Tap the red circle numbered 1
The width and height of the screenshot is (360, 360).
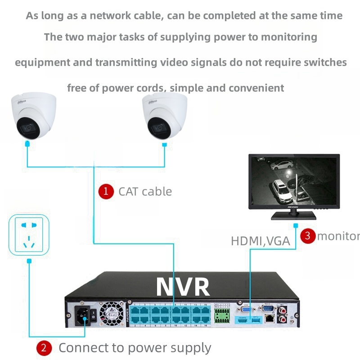[x=106, y=191]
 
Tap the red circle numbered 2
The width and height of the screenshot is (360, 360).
[x=44, y=348]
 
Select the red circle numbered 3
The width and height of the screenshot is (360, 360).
[x=308, y=235]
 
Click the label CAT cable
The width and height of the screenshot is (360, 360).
[x=145, y=191]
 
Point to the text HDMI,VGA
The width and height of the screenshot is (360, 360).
[x=260, y=241]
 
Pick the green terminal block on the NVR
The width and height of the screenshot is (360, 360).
[x=221, y=316]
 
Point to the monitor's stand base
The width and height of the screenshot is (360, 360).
[x=293, y=216]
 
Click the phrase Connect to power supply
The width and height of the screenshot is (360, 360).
[x=135, y=348]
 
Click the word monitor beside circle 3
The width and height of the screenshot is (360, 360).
[x=338, y=235]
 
